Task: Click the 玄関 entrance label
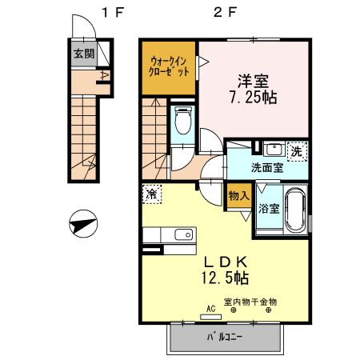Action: tap(83, 54)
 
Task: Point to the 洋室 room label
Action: tap(253, 81)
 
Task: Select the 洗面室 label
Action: tap(266, 168)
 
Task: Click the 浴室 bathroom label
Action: tap(268, 209)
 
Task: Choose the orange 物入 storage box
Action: tap(238, 195)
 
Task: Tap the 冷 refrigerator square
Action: tap(151, 194)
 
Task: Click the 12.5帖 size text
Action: tap(224, 278)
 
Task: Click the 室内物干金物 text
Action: tap(250, 302)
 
